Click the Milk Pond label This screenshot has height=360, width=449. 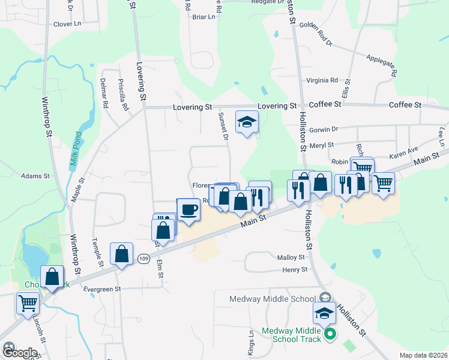pyautogui.click(x=75, y=151)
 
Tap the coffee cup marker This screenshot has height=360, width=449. pyautogui.click(x=188, y=210)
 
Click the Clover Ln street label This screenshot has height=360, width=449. pyautogui.click(x=67, y=25)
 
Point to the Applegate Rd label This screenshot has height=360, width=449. pyautogui.click(x=382, y=64)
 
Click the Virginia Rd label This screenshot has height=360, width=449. pyautogui.click(x=322, y=80)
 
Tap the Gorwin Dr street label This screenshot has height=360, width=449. pyautogui.click(x=327, y=128)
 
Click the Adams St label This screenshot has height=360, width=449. pyautogui.click(x=35, y=176)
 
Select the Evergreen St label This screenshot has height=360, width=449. pyautogui.click(x=103, y=289)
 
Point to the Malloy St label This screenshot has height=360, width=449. pyautogui.click(x=292, y=257)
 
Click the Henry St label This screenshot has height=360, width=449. pyautogui.click(x=295, y=271)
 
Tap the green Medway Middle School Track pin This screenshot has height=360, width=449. pyautogui.click(x=329, y=334)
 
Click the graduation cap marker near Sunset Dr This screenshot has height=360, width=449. pyautogui.click(x=246, y=122)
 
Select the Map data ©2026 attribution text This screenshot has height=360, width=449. pyautogui.click(x=423, y=355)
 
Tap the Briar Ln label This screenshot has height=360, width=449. pyautogui.click(x=203, y=17)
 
